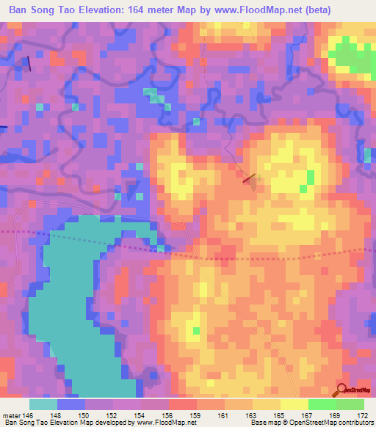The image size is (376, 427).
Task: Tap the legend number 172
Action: click(364, 415)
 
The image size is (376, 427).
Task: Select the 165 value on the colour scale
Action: click(280, 415)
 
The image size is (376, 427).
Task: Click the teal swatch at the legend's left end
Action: click(43, 404)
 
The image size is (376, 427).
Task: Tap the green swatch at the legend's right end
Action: click(350, 404)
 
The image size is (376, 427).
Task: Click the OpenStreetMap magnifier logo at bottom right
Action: click(342, 390)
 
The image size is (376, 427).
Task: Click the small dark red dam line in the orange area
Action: click(249, 177)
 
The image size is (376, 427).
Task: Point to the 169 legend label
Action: click(336, 415)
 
